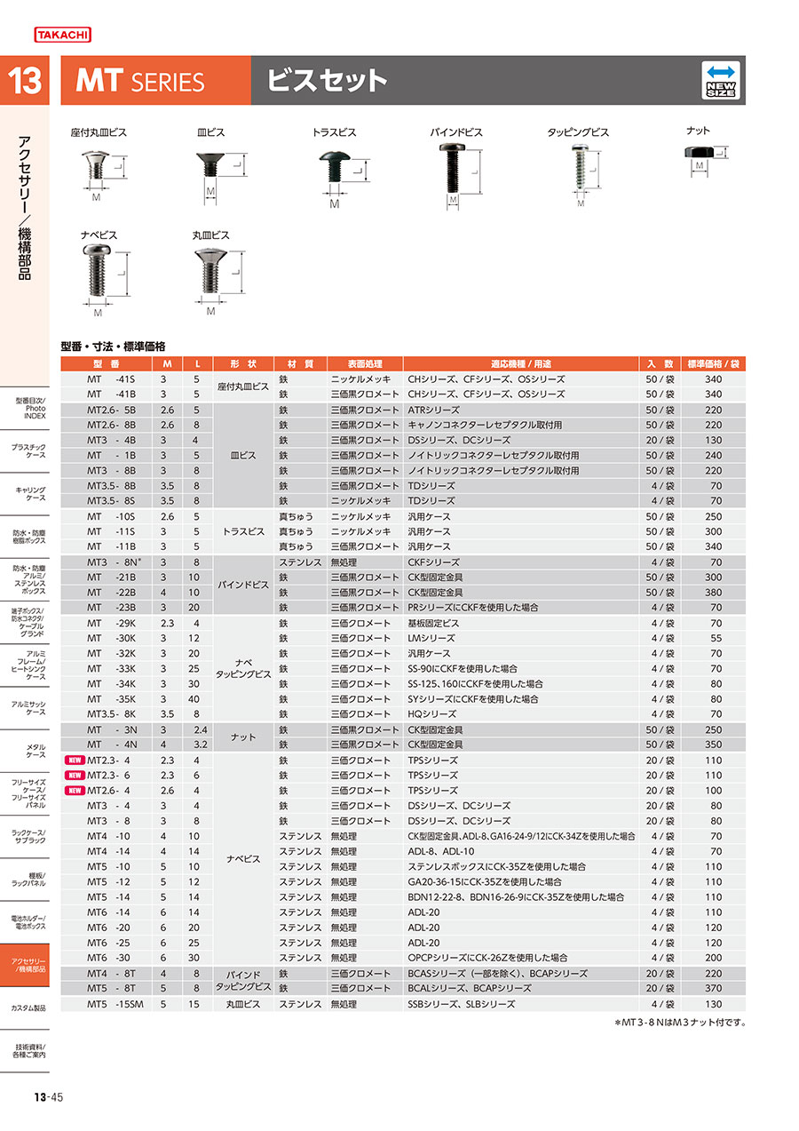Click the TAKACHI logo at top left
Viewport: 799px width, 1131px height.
click(x=62, y=35)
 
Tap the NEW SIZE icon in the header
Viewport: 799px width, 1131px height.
click(x=722, y=80)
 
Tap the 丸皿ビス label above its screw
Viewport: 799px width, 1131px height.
click(x=211, y=235)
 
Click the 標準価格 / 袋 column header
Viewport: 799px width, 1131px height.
click(x=714, y=364)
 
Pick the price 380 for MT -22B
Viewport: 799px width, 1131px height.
click(x=713, y=593)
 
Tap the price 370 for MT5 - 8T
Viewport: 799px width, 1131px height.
click(x=713, y=988)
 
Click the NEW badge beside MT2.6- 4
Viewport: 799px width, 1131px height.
click(x=75, y=791)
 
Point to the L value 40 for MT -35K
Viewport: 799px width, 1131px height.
click(x=196, y=699)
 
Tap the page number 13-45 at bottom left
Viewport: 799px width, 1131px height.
click(x=49, y=1097)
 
